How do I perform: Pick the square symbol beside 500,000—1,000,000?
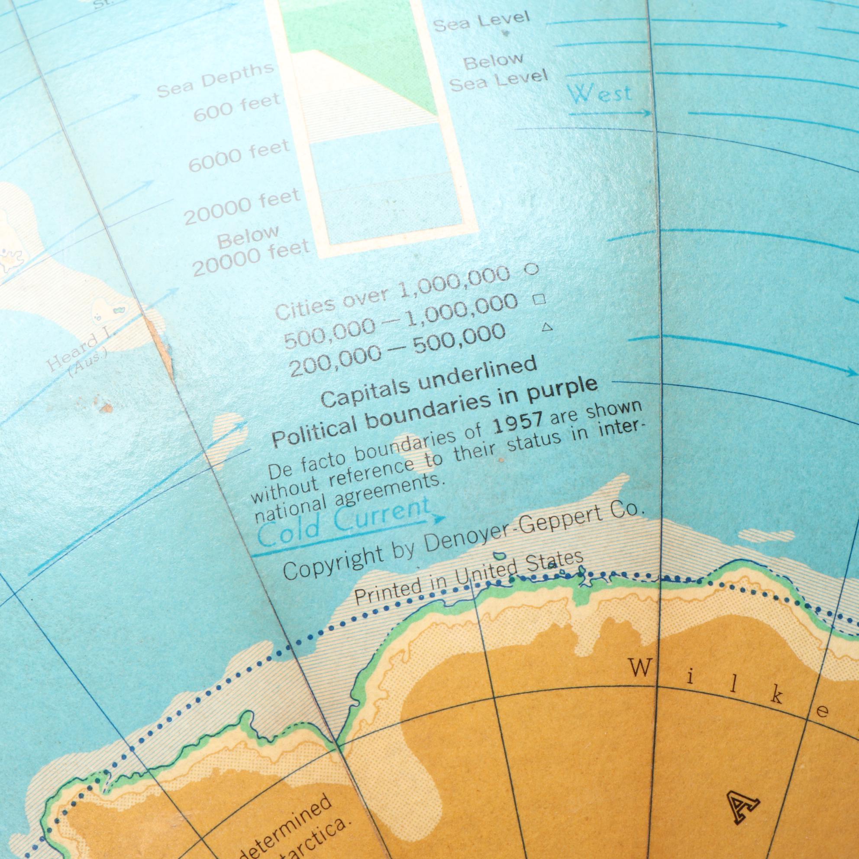[539, 300]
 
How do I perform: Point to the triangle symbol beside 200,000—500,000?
[547, 328]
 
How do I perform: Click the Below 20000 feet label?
[249, 251]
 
